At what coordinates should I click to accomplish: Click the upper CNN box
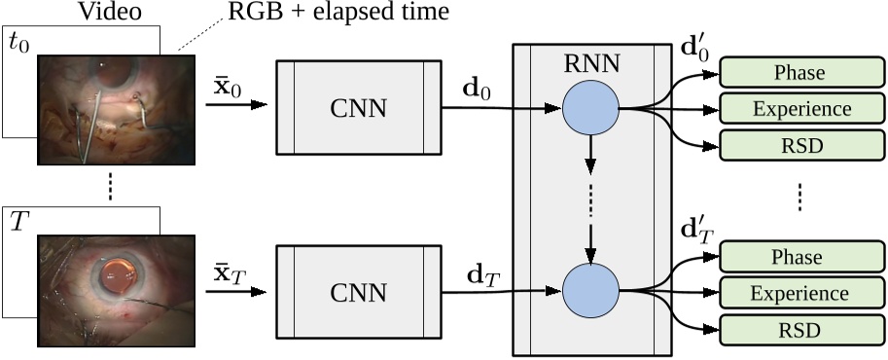358,107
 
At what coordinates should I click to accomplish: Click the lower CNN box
358,291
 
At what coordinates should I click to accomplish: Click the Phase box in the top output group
799,73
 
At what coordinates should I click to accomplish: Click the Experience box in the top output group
799,109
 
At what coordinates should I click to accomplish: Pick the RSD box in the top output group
799,145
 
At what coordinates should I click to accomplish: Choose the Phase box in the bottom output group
799,257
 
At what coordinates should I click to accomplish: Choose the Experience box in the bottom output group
799,293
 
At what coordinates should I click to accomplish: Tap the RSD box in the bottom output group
799,329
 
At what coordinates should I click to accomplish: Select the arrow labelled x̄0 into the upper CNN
238,102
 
